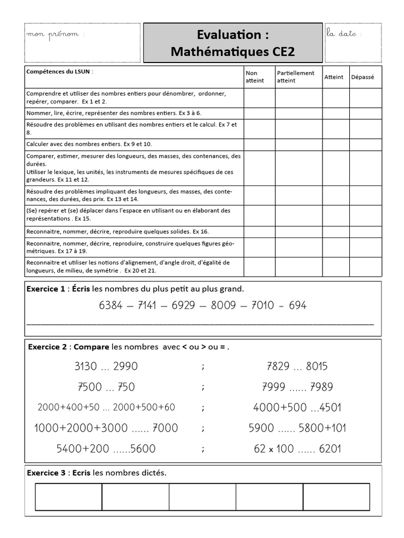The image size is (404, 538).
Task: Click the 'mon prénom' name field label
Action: [55, 34]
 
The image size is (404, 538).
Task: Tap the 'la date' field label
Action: [345, 34]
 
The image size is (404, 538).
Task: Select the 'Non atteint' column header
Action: [255, 77]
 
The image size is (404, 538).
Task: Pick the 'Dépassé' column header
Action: [362, 77]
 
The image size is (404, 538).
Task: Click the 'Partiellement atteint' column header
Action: [295, 77]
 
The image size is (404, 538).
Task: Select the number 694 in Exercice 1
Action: [298, 305]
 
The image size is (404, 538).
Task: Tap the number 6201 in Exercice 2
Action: [330, 449]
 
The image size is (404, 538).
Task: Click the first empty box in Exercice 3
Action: [68, 497]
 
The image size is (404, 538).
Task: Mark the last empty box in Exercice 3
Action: [336, 497]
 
